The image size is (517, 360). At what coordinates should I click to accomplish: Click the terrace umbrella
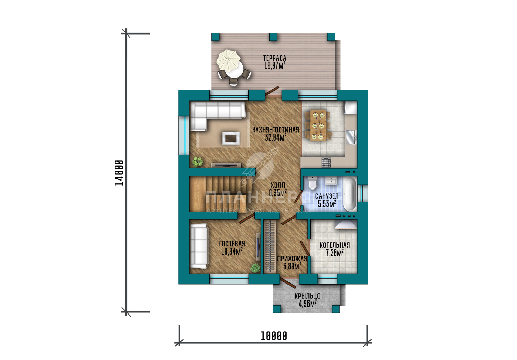pos(228,61)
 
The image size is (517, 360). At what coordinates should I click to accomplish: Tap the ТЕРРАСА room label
pos(275,58)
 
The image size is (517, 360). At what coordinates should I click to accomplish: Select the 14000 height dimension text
pos(119,173)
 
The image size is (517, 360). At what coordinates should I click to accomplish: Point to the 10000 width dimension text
pos(274,336)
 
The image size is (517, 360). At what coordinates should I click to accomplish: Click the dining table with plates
pos(318,125)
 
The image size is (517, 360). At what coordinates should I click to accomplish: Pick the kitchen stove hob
pos(326,162)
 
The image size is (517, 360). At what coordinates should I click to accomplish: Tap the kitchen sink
pos(351,137)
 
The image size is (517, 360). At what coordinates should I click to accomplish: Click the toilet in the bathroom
pos(312,183)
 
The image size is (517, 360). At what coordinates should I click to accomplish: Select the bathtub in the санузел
pos(350,194)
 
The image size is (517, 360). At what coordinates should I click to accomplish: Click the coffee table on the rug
pos(231,138)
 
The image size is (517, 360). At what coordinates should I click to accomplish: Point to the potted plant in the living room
pos(197,162)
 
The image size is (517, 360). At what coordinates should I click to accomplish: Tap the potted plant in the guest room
pos(255,268)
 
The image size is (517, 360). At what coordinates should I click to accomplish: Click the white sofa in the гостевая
pos(199,246)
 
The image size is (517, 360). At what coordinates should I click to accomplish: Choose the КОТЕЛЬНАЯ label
pos(335,245)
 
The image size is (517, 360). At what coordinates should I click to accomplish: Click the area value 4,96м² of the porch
pos(307,304)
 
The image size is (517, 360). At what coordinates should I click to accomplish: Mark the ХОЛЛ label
pos(278,185)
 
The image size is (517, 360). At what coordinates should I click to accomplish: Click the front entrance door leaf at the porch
pos(288,283)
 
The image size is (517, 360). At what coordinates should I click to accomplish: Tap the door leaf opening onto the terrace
pos(272,91)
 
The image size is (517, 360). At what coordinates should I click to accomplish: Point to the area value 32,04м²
pos(276,137)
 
